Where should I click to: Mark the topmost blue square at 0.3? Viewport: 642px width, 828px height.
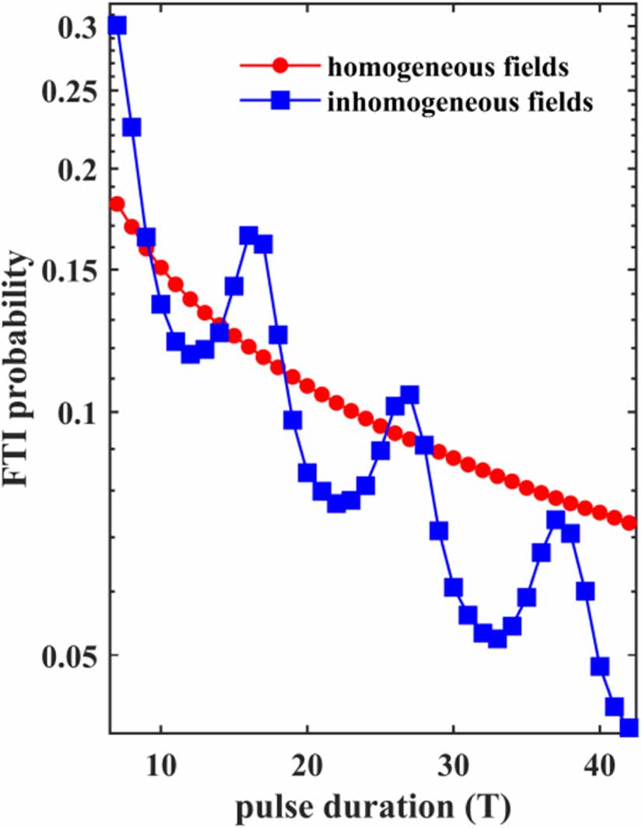click(x=118, y=26)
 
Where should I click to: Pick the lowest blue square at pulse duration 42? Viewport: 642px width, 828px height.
click(x=629, y=728)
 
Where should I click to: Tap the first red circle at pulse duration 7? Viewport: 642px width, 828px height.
click(x=118, y=204)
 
